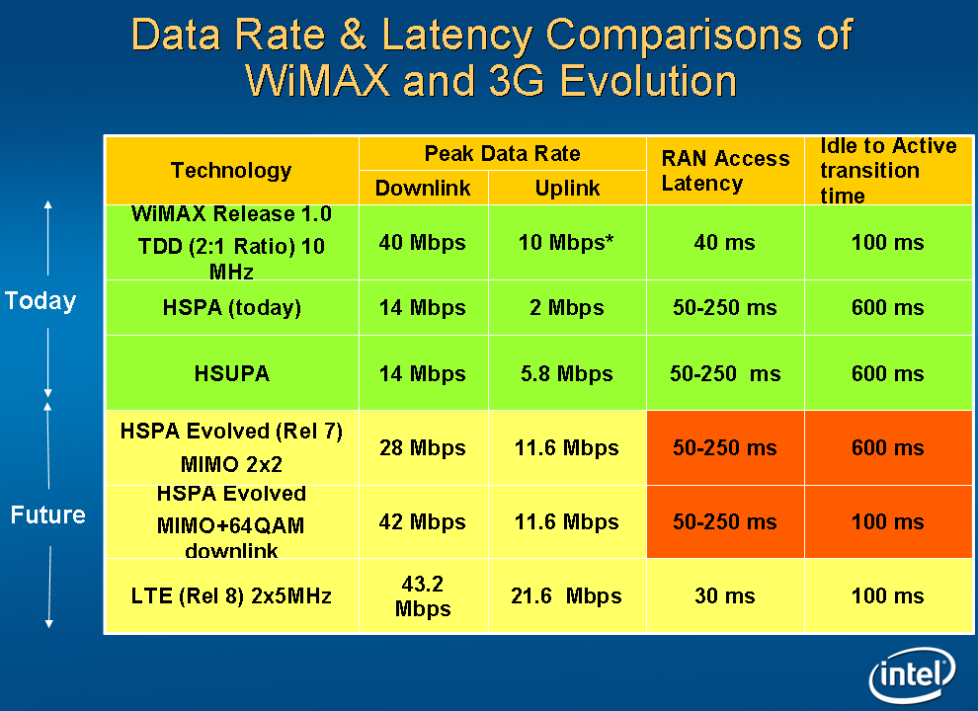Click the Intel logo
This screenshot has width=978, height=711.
pyautogui.click(x=912, y=675)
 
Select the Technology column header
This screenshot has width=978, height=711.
pyautogui.click(x=231, y=170)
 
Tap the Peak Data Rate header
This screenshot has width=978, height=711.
pyautogui.click(x=502, y=153)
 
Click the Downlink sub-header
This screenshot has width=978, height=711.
pyautogui.click(x=423, y=188)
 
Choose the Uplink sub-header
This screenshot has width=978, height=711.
pyautogui.click(x=567, y=188)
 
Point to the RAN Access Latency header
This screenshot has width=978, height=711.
pyautogui.click(x=725, y=170)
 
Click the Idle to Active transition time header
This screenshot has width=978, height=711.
pyautogui.click(x=888, y=170)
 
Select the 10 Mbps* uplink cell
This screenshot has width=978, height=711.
pyautogui.click(x=567, y=242)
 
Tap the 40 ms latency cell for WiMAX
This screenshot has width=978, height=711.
pyautogui.click(x=725, y=242)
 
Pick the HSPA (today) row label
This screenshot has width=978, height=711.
pyautogui.click(x=231, y=308)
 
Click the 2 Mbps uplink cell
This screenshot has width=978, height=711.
pyautogui.click(x=567, y=308)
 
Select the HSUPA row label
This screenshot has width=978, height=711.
pyautogui.click(x=231, y=374)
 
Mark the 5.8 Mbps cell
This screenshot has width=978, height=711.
pyautogui.click(x=567, y=374)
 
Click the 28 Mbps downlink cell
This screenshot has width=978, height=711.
pyautogui.click(x=423, y=447)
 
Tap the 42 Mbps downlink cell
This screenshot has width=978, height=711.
pyautogui.click(x=423, y=521)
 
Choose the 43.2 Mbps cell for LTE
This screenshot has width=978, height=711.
pyautogui.click(x=423, y=595)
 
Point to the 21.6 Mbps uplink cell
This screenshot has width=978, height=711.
pyautogui.click(x=567, y=595)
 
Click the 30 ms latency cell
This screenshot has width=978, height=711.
pyautogui.click(x=725, y=595)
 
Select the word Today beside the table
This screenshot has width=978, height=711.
pyautogui.click(x=41, y=300)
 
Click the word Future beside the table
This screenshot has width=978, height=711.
pyautogui.click(x=47, y=514)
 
